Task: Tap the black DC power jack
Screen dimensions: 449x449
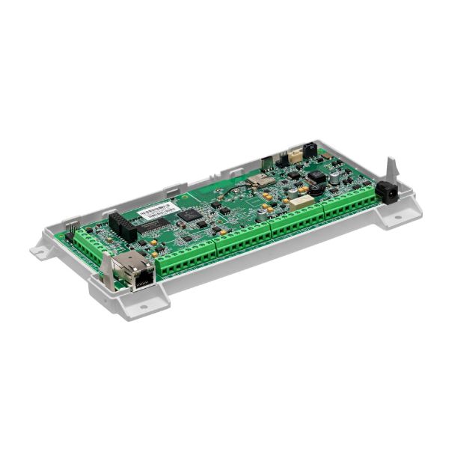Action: pyautogui.click(x=387, y=192)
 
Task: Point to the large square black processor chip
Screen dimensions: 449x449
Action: pyautogui.click(x=192, y=217)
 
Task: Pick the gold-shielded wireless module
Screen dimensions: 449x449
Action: pyautogui.click(x=260, y=180)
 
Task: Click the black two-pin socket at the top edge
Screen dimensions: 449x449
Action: pyautogui.click(x=309, y=149)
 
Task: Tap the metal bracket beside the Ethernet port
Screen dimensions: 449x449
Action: pyautogui.click(x=107, y=270)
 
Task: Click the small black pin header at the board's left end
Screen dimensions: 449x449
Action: pyautogui.click(x=70, y=233)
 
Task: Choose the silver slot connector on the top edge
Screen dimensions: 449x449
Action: pyautogui.click(x=267, y=162)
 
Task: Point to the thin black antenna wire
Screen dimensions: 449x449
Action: pyautogui.click(x=238, y=187)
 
